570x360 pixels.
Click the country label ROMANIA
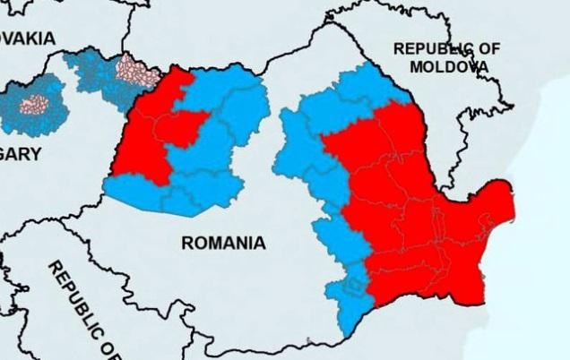(x=223, y=243)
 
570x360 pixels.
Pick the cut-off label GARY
(x=21, y=153)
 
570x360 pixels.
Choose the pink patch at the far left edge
(x=34, y=103)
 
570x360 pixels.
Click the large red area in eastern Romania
(x=412, y=206)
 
